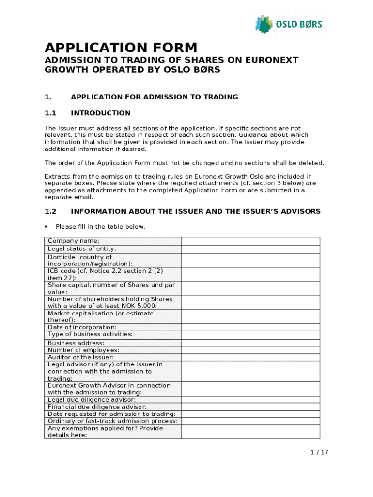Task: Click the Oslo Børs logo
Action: pyautogui.click(x=288, y=24)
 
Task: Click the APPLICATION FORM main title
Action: pyautogui.click(x=121, y=48)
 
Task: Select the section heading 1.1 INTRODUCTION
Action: pyautogui.click(x=100, y=113)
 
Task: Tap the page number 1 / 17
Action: pyautogui.click(x=319, y=452)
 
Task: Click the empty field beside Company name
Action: pyautogui.click(x=250, y=241)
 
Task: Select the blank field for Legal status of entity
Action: pyautogui.click(x=250, y=249)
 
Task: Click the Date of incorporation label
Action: pyautogui.click(x=82, y=327)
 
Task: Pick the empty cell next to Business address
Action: pyautogui.click(x=250, y=343)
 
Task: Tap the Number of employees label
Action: pyautogui.click(x=83, y=350)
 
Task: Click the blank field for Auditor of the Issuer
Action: pyautogui.click(x=250, y=357)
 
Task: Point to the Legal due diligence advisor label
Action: pyautogui.click(x=92, y=399)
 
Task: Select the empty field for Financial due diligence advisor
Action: pyautogui.click(x=250, y=407)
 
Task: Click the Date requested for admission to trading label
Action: pyautogui.click(x=111, y=414)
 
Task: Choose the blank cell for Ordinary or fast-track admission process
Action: pyautogui.click(x=250, y=421)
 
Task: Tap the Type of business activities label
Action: pyautogui.click(x=90, y=334)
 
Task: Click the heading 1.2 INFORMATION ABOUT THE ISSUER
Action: pyautogui.click(x=195, y=211)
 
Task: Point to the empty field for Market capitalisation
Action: pyautogui.click(x=250, y=316)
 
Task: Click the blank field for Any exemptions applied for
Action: pyautogui.click(x=250, y=431)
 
